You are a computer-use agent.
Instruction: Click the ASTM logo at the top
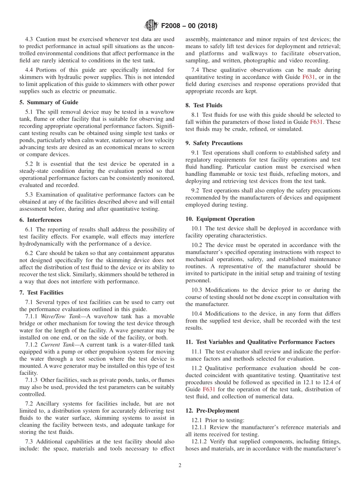[x=151, y=26]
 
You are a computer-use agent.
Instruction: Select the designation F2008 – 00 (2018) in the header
[x=189, y=26]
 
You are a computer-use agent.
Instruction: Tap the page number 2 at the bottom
[x=180, y=466]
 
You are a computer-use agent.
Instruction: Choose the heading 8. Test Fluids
[x=204, y=105]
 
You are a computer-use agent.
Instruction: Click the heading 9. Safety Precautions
[x=214, y=143]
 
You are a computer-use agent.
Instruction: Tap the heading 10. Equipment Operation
[x=220, y=219]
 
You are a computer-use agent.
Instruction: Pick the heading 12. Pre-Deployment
[x=212, y=411]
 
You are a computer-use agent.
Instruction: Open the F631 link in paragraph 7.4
[x=308, y=77]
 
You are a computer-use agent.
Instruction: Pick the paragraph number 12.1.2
[x=200, y=441]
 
